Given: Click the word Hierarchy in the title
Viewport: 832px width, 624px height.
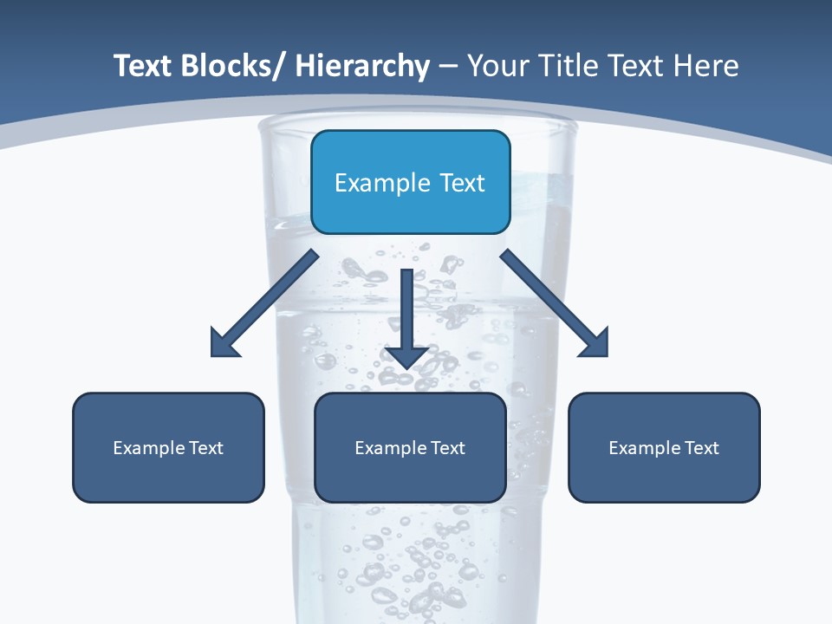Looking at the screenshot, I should [x=361, y=66].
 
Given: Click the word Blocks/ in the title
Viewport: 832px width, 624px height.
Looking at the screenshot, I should [x=234, y=66].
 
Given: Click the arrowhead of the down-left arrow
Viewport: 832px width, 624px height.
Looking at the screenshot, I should [x=224, y=343].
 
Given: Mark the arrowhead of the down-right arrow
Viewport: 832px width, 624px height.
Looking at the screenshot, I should [x=595, y=343].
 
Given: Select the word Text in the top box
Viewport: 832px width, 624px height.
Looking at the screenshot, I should [x=462, y=183].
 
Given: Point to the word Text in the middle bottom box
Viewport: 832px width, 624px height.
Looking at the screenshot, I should [x=448, y=448].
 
